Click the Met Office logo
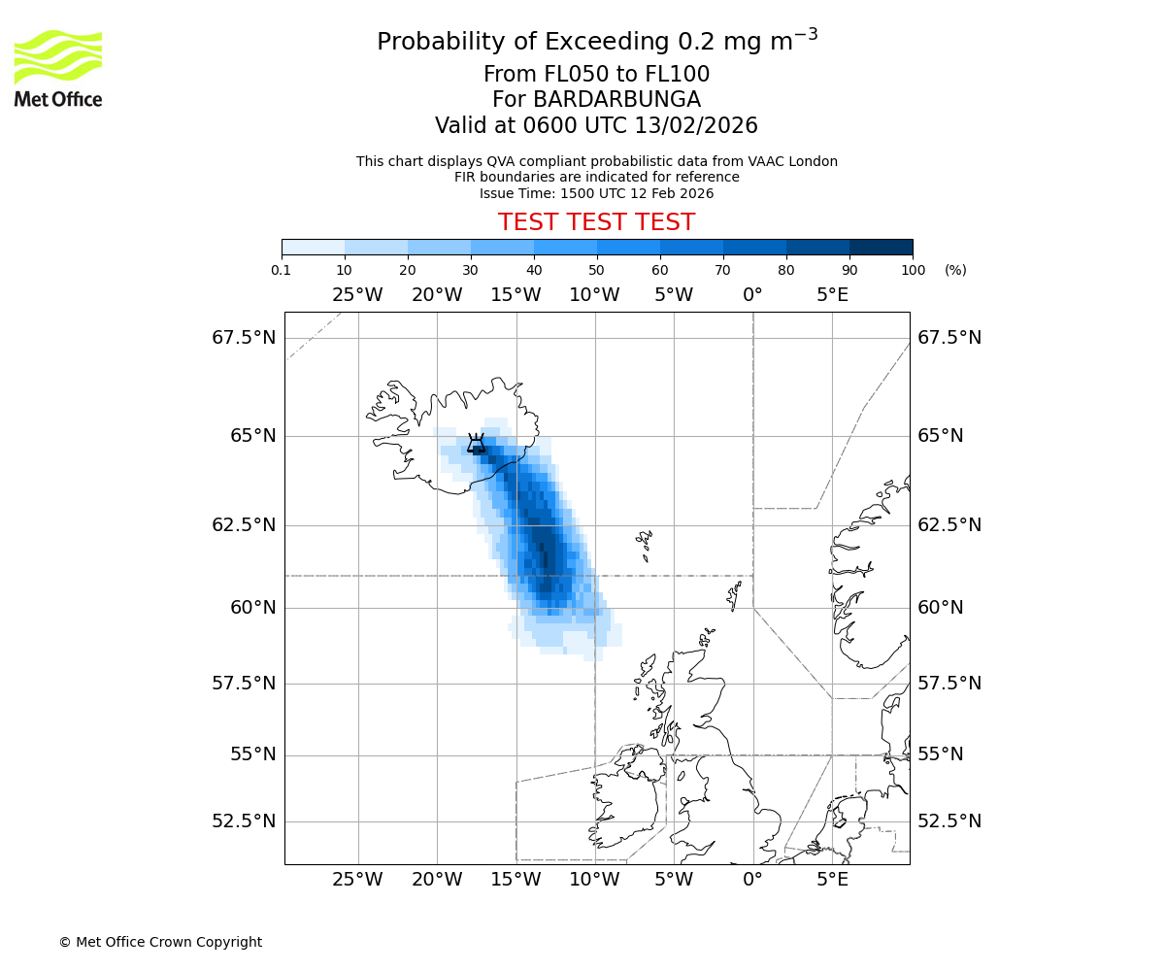pos(58,68)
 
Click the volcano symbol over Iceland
pos(476,444)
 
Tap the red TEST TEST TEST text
pos(596,222)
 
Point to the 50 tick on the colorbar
pos(596,270)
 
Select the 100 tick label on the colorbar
pos(913,270)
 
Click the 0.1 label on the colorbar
pos(282,270)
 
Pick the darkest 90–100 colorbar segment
pos(881,247)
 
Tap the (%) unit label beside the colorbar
pos(955,270)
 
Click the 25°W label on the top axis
pos(357,294)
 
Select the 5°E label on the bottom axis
pos(832,881)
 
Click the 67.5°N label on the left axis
pos(244,338)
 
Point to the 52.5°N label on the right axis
pos(949,821)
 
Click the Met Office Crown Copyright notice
pos(160,942)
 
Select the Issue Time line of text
pos(596,193)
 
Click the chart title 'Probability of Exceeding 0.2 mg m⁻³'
pos(596,42)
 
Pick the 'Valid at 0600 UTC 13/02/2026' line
pos(596,126)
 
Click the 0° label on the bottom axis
pos(752,881)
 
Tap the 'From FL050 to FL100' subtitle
pos(596,75)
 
